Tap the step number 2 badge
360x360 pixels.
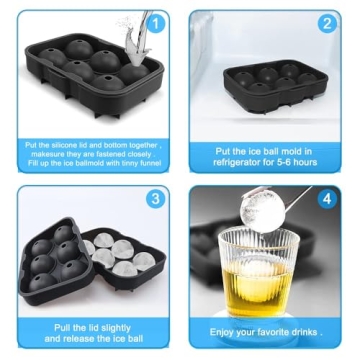[326, 23]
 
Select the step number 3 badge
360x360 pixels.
[155, 198]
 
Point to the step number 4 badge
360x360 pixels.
[326, 198]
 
